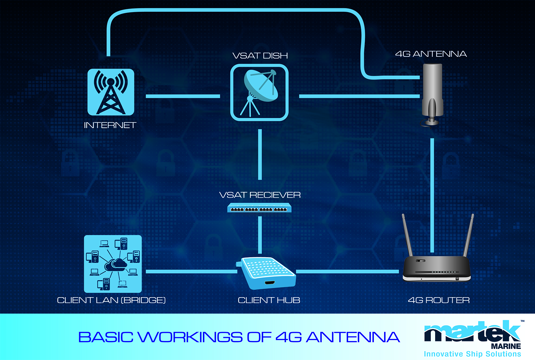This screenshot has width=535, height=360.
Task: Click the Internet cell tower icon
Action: pos(111,92)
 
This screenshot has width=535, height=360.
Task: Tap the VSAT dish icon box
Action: pos(259,92)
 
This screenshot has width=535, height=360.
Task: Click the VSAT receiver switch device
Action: pos(259,208)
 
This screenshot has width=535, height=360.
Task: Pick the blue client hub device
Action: pos(266,273)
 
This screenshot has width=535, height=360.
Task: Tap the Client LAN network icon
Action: pos(113,264)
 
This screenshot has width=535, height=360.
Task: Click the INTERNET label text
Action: pos(110,125)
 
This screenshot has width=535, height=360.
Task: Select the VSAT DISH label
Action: pos(260,56)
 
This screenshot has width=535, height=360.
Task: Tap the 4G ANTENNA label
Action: pos(431,54)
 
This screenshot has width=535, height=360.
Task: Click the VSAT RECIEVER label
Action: pos(260,195)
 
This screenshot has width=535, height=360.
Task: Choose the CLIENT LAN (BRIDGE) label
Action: pos(111,300)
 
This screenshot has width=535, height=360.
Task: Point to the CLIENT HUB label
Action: pos(269,300)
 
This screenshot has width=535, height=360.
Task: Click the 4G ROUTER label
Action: pos(439,300)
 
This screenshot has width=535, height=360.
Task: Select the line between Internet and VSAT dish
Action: pos(183,96)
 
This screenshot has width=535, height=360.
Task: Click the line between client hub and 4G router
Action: pos(347,272)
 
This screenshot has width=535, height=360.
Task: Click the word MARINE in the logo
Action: pos(506,346)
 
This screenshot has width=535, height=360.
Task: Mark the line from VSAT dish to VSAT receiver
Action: pos(260,154)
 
